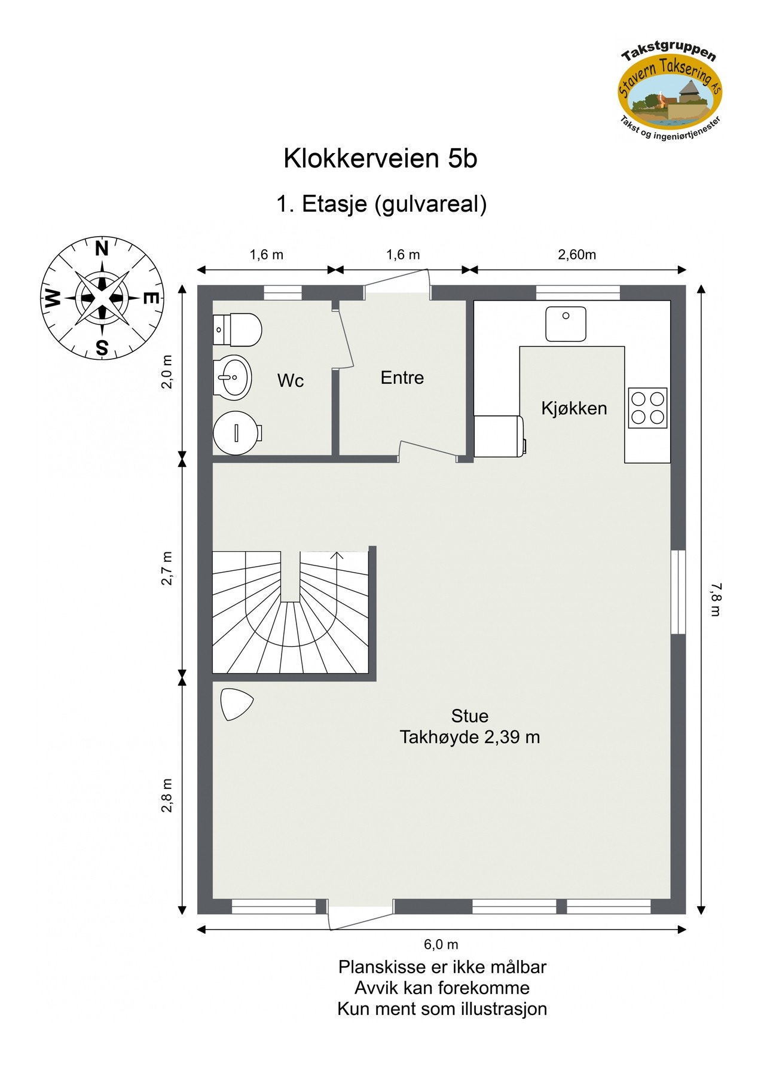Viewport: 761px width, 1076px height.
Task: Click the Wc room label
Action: pos(290,381)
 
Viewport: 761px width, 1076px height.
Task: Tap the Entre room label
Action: pos(402,378)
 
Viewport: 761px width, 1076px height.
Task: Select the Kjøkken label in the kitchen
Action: pos(573,408)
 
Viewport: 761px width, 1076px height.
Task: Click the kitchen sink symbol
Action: pos(565,324)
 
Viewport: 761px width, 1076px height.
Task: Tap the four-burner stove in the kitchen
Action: pos(647,408)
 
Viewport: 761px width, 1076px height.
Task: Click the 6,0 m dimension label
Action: pos(441,944)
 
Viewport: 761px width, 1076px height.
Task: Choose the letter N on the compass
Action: pos(102,249)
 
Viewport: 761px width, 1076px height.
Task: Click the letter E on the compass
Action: pos(152,298)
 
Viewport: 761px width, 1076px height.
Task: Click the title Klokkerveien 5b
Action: pos(380,158)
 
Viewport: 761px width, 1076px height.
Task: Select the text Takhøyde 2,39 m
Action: pos(469,737)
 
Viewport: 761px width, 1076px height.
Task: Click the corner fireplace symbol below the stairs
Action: pos(235,704)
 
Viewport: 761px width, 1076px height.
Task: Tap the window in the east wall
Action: pos(677,592)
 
